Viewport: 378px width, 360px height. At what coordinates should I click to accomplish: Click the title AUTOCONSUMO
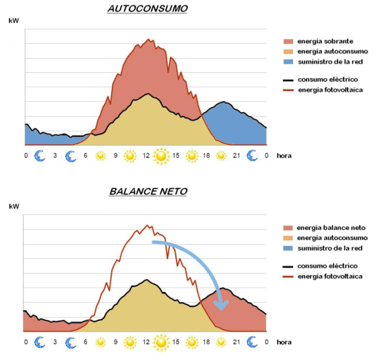[x=148, y=8]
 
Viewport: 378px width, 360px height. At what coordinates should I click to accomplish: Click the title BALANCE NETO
[x=148, y=191]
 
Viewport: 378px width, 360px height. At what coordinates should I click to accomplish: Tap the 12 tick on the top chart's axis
[x=146, y=156]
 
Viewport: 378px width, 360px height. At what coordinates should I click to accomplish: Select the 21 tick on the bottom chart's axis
[x=237, y=342]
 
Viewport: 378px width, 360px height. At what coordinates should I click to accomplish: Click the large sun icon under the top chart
[x=161, y=156]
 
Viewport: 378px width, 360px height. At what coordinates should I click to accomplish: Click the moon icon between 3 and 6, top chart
[x=71, y=156]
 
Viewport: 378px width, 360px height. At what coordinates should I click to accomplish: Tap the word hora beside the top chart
[x=285, y=156]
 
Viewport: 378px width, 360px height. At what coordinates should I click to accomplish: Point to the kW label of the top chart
[x=14, y=20]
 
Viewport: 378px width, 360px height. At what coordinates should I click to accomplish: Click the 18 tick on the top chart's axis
[x=206, y=156]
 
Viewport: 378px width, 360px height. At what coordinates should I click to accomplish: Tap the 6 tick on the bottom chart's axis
[x=86, y=342]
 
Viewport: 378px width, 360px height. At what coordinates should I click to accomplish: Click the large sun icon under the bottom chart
[x=161, y=342]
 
